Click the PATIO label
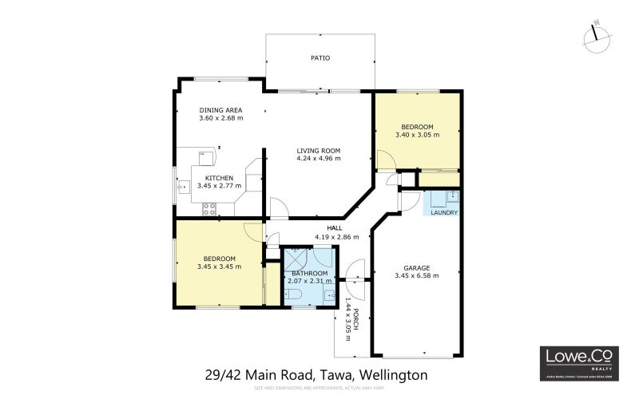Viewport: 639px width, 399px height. (x=319, y=57)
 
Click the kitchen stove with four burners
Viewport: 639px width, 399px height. (x=209, y=210)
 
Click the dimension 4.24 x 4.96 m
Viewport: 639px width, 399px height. (x=319, y=158)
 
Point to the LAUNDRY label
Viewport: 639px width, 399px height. (x=444, y=213)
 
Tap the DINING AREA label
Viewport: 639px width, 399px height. (x=220, y=110)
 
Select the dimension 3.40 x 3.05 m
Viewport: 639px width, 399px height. (x=417, y=135)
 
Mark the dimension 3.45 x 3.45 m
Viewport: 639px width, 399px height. (x=219, y=267)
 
